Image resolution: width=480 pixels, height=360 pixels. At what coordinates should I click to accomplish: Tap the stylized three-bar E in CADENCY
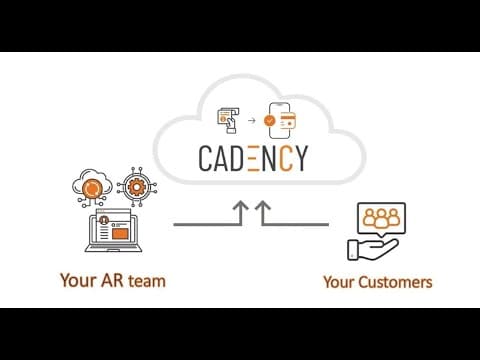pos(254,158)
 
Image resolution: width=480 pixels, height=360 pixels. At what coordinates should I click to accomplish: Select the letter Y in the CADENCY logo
pos(301,158)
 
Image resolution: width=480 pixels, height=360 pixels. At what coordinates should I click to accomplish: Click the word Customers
pos(395,282)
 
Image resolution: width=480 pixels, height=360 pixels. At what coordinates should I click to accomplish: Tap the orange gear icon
pos(136,187)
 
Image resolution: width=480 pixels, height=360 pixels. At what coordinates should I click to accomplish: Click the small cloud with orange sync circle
pos(92,187)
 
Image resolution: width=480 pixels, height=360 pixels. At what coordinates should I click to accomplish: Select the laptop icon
pos(113,230)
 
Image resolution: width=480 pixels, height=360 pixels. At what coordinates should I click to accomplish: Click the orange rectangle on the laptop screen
pos(120,233)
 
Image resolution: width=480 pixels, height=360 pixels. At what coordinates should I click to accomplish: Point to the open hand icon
pos(372,249)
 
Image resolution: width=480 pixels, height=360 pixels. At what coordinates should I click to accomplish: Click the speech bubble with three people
pos(382,219)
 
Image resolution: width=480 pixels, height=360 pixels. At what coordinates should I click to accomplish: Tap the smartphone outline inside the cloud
pos(279,120)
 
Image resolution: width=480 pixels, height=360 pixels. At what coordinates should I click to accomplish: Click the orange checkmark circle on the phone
pos(270,120)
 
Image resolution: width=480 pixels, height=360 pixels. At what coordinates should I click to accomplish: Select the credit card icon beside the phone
pos(287,122)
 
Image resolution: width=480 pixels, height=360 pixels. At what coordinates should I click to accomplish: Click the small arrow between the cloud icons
pos(252,120)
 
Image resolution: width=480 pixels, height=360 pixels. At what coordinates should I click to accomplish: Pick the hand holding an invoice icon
pos(228,121)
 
